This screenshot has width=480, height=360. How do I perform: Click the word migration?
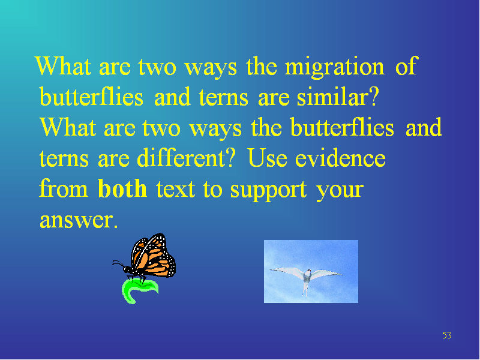(x=335, y=67)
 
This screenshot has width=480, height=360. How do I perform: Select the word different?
(x=182, y=158)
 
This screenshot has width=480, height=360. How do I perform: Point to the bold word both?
(x=122, y=188)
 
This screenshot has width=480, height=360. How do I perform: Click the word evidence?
(x=340, y=158)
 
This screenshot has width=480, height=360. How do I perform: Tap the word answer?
(x=76, y=220)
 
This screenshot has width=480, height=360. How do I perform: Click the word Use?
(x=268, y=158)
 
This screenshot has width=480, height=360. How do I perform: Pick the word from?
(x=64, y=188)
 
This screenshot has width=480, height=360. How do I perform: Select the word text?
(x=175, y=189)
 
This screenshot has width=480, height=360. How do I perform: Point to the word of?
(x=406, y=65)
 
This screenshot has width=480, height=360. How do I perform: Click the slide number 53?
(x=447, y=335)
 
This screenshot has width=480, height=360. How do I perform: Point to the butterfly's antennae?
(x=118, y=263)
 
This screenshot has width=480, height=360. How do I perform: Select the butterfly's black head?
(x=127, y=269)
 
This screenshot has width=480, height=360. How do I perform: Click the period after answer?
(x=115, y=227)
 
